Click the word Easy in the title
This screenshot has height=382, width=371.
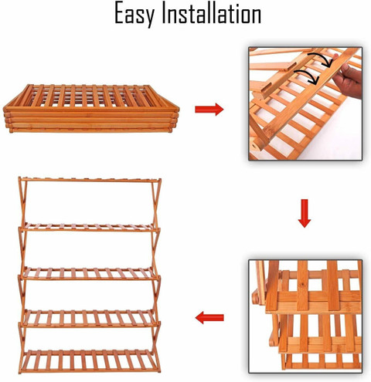(x=134, y=14)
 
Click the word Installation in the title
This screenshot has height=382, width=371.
(x=212, y=13)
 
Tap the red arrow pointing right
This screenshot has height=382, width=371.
(x=209, y=110)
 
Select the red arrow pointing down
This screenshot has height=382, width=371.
(x=305, y=213)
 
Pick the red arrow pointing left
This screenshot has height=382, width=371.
(x=209, y=318)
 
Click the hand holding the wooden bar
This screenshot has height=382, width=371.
(x=348, y=79)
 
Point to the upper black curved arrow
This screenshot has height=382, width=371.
(x=322, y=59)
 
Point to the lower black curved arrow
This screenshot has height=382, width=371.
(x=307, y=76)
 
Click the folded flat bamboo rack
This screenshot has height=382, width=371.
(x=91, y=108)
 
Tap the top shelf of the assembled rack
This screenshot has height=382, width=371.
(x=90, y=180)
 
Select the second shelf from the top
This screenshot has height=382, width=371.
(x=89, y=227)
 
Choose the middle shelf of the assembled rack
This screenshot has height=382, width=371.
(x=89, y=274)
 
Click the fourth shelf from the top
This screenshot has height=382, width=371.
(x=89, y=319)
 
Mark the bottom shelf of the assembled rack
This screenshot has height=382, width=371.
(x=89, y=361)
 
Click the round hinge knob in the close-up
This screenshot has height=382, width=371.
(x=255, y=298)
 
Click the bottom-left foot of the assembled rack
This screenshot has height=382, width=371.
(x=20, y=372)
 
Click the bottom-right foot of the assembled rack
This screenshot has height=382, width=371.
(x=158, y=371)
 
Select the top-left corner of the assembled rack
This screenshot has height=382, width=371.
(x=19, y=177)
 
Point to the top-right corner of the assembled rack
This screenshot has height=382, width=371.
(x=160, y=179)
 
